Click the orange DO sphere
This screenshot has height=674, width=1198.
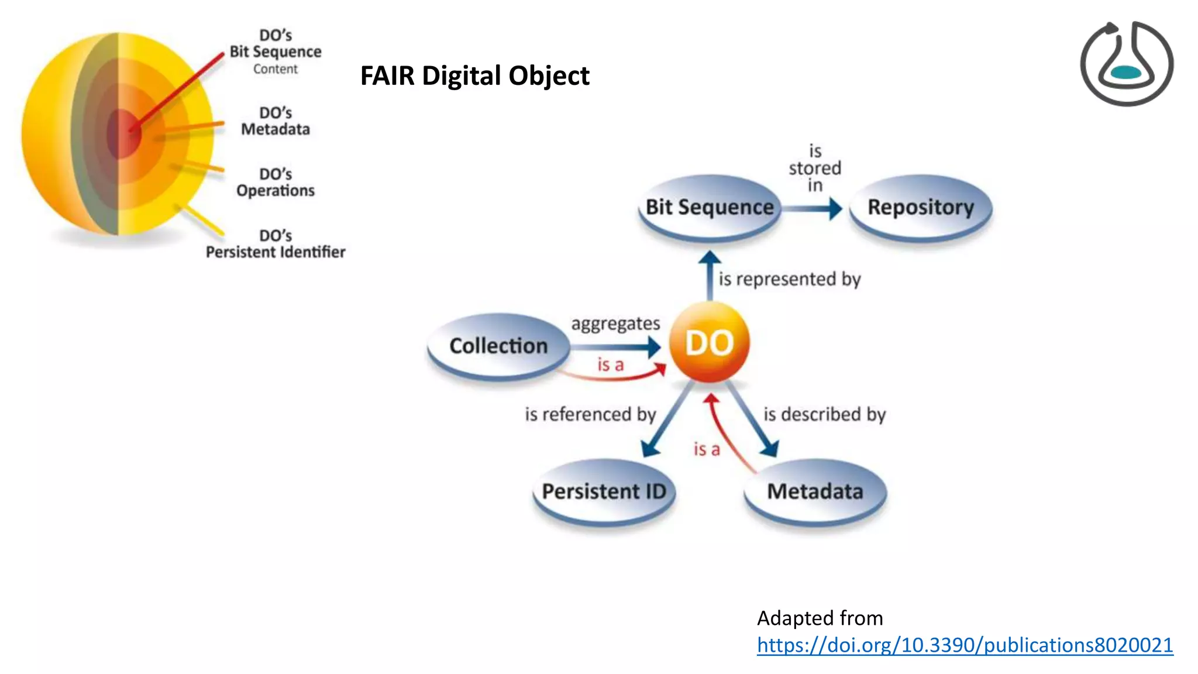[x=709, y=342]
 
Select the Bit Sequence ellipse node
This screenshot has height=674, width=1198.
[x=710, y=207]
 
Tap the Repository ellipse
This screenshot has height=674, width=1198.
[x=920, y=207]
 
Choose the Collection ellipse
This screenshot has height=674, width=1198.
[x=498, y=346]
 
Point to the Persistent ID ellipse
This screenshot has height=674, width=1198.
[x=604, y=491]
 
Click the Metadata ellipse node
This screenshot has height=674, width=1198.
[x=815, y=491]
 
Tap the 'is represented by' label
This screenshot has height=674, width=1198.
[x=789, y=279]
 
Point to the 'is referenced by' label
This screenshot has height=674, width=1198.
[x=590, y=414]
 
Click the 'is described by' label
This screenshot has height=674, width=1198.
[x=824, y=414]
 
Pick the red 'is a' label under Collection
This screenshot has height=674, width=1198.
[x=610, y=365]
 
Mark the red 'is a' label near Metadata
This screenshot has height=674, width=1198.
[x=707, y=449]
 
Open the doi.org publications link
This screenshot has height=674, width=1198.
[x=965, y=645]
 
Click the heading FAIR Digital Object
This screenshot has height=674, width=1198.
[x=474, y=75]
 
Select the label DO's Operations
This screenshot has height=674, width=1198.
[x=276, y=183]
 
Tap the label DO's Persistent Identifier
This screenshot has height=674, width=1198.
[x=276, y=244]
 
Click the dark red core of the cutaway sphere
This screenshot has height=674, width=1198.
[x=123, y=133]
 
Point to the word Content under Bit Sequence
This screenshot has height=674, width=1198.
[x=275, y=69]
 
